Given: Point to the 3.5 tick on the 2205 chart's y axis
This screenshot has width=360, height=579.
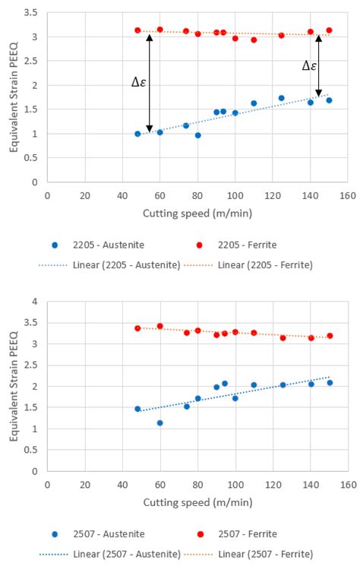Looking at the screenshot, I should pos(30,13).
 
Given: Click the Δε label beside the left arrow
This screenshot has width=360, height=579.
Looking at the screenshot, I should pos(138,81).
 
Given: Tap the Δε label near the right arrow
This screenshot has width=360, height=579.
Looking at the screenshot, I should pos(308,66).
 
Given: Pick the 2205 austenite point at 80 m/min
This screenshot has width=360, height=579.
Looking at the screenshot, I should pos(197,135).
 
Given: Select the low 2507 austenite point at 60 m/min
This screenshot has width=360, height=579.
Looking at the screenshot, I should pos(159,422).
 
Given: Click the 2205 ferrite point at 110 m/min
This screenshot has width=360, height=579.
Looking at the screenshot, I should pos(254,40).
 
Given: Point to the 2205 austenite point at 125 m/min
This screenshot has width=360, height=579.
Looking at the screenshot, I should pos(281,98).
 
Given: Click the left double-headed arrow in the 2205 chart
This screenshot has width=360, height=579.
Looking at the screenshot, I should pos(149,83).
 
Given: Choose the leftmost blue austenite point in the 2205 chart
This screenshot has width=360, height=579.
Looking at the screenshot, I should pos(137,134).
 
